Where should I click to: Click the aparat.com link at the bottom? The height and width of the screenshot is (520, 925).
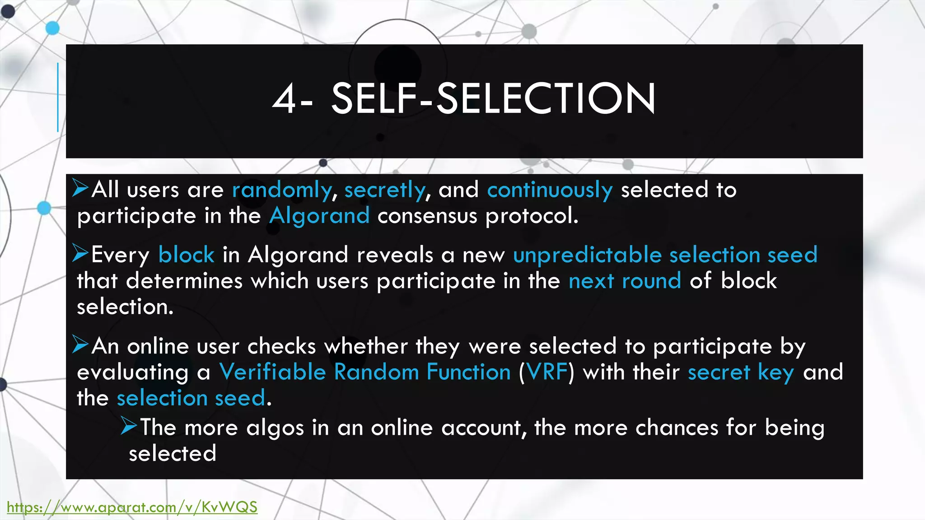132,507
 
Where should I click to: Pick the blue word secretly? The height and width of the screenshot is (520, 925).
385,190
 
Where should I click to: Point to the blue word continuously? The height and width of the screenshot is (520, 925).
550,190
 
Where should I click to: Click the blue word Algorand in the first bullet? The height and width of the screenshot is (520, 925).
319,216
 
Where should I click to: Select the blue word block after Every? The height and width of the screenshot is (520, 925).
186,255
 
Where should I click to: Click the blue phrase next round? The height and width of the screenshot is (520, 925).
625,281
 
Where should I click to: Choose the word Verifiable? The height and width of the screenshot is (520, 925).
272,372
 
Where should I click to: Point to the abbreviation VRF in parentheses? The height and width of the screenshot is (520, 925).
547,372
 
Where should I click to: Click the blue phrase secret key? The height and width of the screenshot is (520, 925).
741,372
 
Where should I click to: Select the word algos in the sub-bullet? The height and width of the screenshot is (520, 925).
275,427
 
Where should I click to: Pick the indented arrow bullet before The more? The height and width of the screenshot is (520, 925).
129,426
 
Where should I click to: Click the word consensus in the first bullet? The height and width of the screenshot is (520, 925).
427,216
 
